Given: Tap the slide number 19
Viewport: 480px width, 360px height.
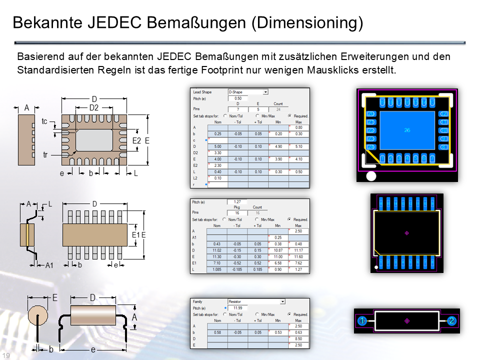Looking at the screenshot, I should (6, 355).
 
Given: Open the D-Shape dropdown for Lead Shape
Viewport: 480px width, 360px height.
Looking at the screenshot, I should (248, 92).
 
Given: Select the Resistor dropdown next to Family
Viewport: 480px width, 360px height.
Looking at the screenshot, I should (256, 302).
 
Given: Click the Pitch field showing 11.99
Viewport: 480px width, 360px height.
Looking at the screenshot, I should (237, 308).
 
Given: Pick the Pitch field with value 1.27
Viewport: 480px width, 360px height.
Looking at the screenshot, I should (237, 202).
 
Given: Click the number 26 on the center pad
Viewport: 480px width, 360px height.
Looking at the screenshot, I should (406, 130).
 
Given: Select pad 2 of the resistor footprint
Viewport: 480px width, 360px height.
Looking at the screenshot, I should (451, 320).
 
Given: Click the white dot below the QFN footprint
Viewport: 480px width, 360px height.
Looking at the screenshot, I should (370, 175).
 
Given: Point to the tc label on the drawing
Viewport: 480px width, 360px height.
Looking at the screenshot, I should (44, 121).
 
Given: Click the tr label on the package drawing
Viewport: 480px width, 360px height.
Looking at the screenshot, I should (45, 155).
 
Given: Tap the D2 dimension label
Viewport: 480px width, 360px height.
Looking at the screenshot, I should (94, 107).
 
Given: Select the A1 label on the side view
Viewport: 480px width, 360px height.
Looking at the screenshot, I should (49, 265).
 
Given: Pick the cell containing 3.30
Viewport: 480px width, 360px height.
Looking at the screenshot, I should (217, 152).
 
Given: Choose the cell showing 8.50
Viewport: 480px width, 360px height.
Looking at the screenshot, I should (298, 339).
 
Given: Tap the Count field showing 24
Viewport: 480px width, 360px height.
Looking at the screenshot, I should (278, 109).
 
